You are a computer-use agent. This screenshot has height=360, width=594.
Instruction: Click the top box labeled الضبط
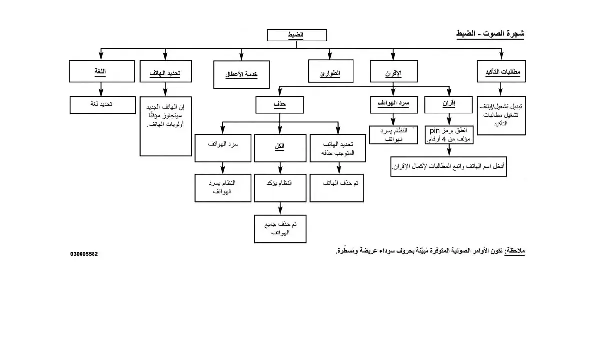point(297,35)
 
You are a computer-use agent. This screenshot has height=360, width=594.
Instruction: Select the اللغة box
point(101,71)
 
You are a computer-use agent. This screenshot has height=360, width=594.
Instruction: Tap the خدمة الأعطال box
point(241,74)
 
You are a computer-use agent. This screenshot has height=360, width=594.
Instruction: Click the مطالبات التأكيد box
point(502,73)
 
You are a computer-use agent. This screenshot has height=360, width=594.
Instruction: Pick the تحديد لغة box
point(102,105)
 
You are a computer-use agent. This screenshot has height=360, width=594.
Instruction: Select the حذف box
point(280,104)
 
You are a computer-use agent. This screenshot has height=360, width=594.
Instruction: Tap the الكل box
point(280,148)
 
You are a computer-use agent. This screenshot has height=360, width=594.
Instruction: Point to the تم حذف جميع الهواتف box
point(280,229)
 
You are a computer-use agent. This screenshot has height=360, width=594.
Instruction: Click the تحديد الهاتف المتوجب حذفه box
point(338,148)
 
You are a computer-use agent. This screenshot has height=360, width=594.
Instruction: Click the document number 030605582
point(84,254)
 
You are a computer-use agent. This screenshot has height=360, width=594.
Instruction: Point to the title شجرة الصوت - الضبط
point(490,34)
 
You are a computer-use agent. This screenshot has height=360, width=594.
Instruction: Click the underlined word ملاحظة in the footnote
point(515,250)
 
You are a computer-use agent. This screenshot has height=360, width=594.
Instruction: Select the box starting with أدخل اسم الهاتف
point(448,166)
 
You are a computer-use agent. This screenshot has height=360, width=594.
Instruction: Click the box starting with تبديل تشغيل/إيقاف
point(501,115)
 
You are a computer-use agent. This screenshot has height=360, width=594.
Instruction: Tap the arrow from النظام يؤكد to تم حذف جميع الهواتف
point(280,208)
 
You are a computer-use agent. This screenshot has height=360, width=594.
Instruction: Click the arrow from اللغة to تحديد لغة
point(101,89)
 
